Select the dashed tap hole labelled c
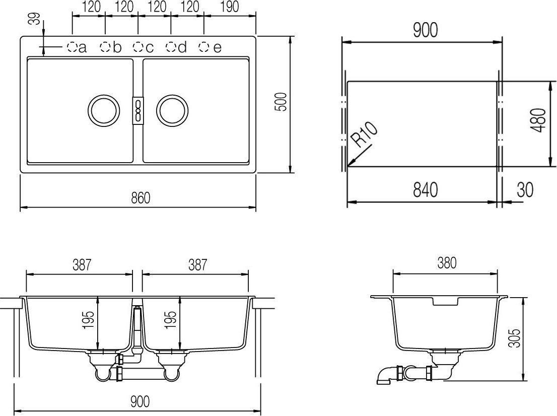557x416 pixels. click(138, 47)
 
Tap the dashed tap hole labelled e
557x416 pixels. click(203, 47)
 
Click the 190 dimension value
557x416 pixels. click(229, 7)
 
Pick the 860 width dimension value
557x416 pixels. click(141, 198)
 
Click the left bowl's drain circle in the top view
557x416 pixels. click(104, 110)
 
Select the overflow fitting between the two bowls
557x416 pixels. click(137, 110)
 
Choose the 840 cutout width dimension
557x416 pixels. click(425, 190)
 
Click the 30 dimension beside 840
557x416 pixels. click(524, 190)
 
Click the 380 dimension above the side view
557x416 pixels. click(446, 263)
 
